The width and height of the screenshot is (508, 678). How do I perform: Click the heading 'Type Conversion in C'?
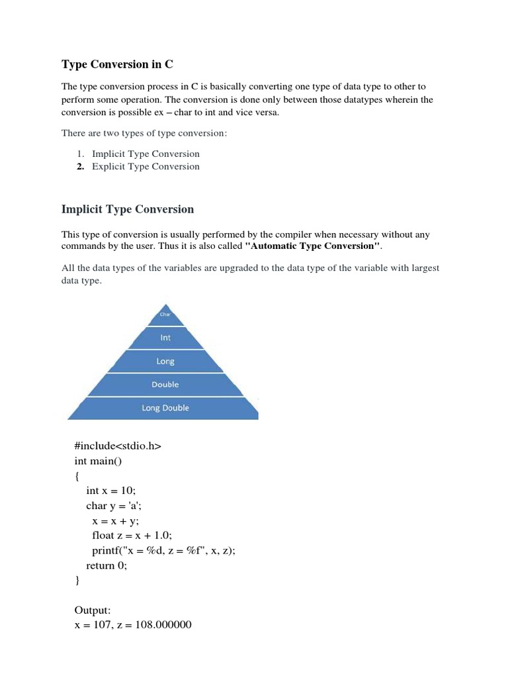[x=117, y=64]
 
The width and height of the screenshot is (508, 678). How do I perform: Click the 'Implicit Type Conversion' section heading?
[x=128, y=209]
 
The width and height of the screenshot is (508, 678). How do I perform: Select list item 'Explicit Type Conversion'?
[x=146, y=166]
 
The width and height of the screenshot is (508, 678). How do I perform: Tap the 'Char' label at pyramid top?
[x=165, y=315]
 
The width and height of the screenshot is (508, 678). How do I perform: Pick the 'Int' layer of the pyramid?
[x=165, y=338]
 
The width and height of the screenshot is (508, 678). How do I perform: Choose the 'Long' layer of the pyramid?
[x=165, y=362]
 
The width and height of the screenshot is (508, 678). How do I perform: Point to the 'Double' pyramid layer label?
[x=165, y=385]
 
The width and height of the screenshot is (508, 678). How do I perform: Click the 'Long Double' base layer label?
[x=165, y=408]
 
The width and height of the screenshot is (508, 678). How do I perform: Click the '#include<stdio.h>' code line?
[x=118, y=446]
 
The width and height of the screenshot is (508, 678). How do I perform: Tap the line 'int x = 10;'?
[x=114, y=491]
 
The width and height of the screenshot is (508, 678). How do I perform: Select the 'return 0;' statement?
[x=106, y=565]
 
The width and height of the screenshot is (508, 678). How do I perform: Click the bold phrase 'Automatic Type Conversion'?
[x=312, y=246]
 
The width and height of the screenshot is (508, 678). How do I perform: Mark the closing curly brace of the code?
[x=77, y=581]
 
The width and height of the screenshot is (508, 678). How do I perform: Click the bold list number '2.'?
[x=81, y=166]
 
